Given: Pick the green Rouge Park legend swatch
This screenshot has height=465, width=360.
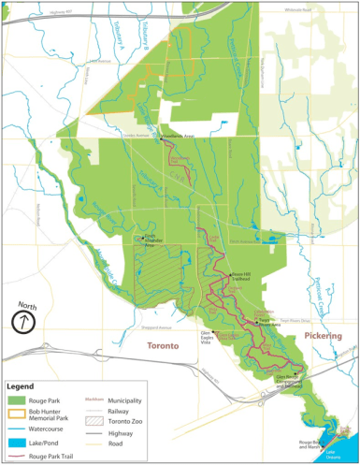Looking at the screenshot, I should (x=18, y=400).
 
